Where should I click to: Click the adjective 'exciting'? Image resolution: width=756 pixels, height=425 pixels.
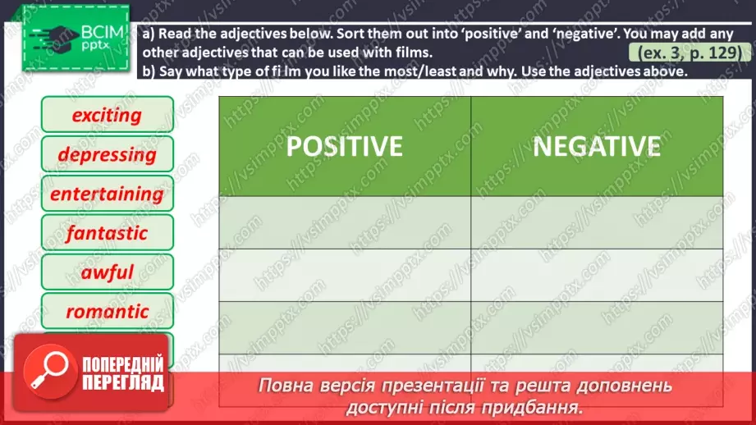pyautogui.click(x=107, y=115)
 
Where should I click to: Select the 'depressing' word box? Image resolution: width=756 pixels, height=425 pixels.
pyautogui.click(x=107, y=154)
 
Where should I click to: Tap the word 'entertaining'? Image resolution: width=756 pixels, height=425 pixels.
pyautogui.click(x=107, y=194)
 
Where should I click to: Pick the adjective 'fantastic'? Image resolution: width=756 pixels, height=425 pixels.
pyautogui.click(x=107, y=233)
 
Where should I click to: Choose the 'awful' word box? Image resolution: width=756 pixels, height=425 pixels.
pyautogui.click(x=107, y=272)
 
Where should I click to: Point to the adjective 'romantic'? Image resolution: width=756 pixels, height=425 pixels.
pyautogui.click(x=107, y=312)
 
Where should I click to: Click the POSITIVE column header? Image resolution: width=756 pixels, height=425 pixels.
pyautogui.click(x=344, y=146)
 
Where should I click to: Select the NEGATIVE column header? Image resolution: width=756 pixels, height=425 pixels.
pyautogui.click(x=597, y=146)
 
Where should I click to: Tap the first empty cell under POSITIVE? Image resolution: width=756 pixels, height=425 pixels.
pyautogui.click(x=344, y=222)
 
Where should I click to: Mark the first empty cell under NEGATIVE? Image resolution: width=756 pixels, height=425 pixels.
pyautogui.click(x=597, y=222)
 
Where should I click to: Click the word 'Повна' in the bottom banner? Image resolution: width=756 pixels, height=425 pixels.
pyautogui.click(x=284, y=386)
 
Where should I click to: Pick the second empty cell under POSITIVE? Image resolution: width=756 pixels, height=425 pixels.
pyautogui.click(x=344, y=275)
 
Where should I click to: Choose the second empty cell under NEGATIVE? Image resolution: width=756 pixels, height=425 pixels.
pyautogui.click(x=597, y=275)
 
